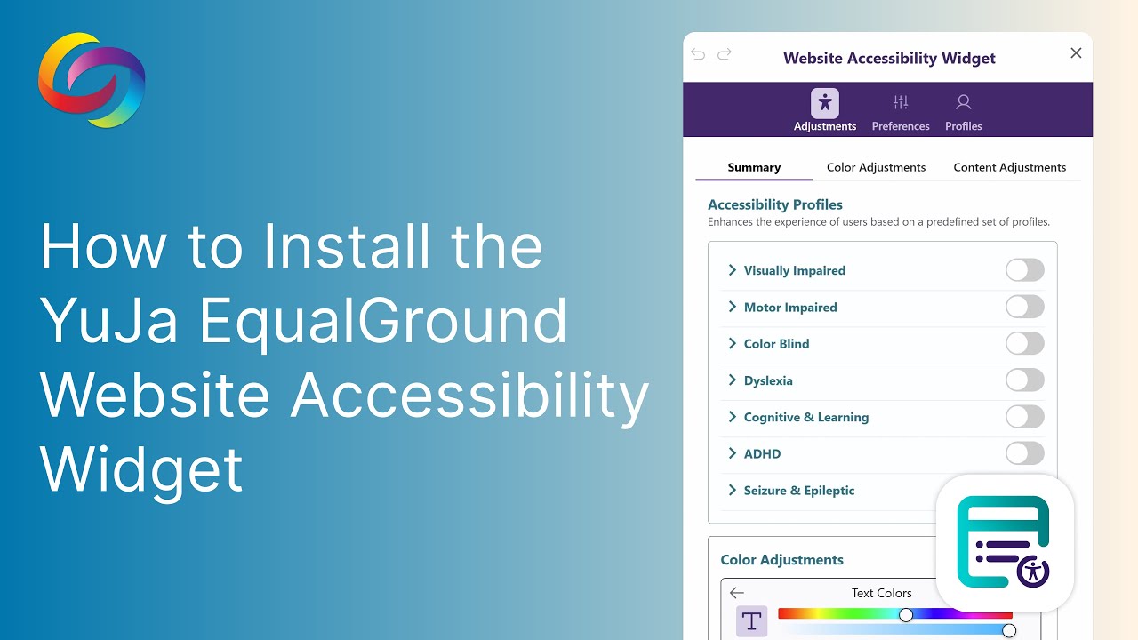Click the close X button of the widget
tap(1076, 53)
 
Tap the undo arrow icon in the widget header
tap(698, 54)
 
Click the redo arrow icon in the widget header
tap(725, 54)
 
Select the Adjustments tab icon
tap(825, 103)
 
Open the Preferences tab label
tap(901, 126)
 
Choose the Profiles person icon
tap(963, 102)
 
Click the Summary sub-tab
tap(754, 167)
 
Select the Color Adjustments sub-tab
tap(876, 167)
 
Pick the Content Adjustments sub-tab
tap(1009, 167)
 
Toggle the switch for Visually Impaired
tap(1024, 270)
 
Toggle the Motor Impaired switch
tap(1024, 307)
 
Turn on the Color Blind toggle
tap(1024, 343)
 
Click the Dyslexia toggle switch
tap(1024, 380)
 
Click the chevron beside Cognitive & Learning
tap(733, 417)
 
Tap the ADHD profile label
tap(762, 453)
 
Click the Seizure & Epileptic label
tap(798, 491)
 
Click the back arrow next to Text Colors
tap(736, 593)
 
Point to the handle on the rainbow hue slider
tap(906, 615)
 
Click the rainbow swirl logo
tap(92, 80)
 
